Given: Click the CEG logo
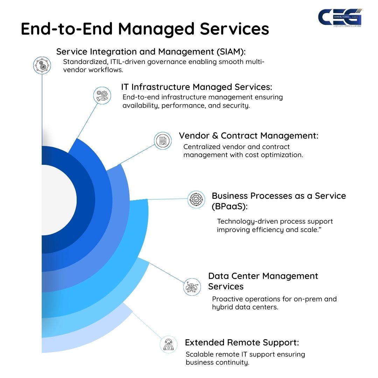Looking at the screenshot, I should [340, 17].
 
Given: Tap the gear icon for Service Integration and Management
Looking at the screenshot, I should [42, 65].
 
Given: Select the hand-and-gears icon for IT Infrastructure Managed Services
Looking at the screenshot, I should [102, 96].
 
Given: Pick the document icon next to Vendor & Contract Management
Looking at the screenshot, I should [163, 141].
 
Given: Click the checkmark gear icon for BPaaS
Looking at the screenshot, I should [196, 199].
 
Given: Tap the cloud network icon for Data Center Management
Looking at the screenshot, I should [192, 287].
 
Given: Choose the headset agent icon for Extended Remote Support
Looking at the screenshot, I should [168, 344].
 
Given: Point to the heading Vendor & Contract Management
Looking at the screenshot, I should [248, 136].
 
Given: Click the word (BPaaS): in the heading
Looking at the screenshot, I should [229, 206].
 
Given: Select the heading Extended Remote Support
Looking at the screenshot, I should [242, 342].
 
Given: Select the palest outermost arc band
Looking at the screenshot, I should [87, 336].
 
